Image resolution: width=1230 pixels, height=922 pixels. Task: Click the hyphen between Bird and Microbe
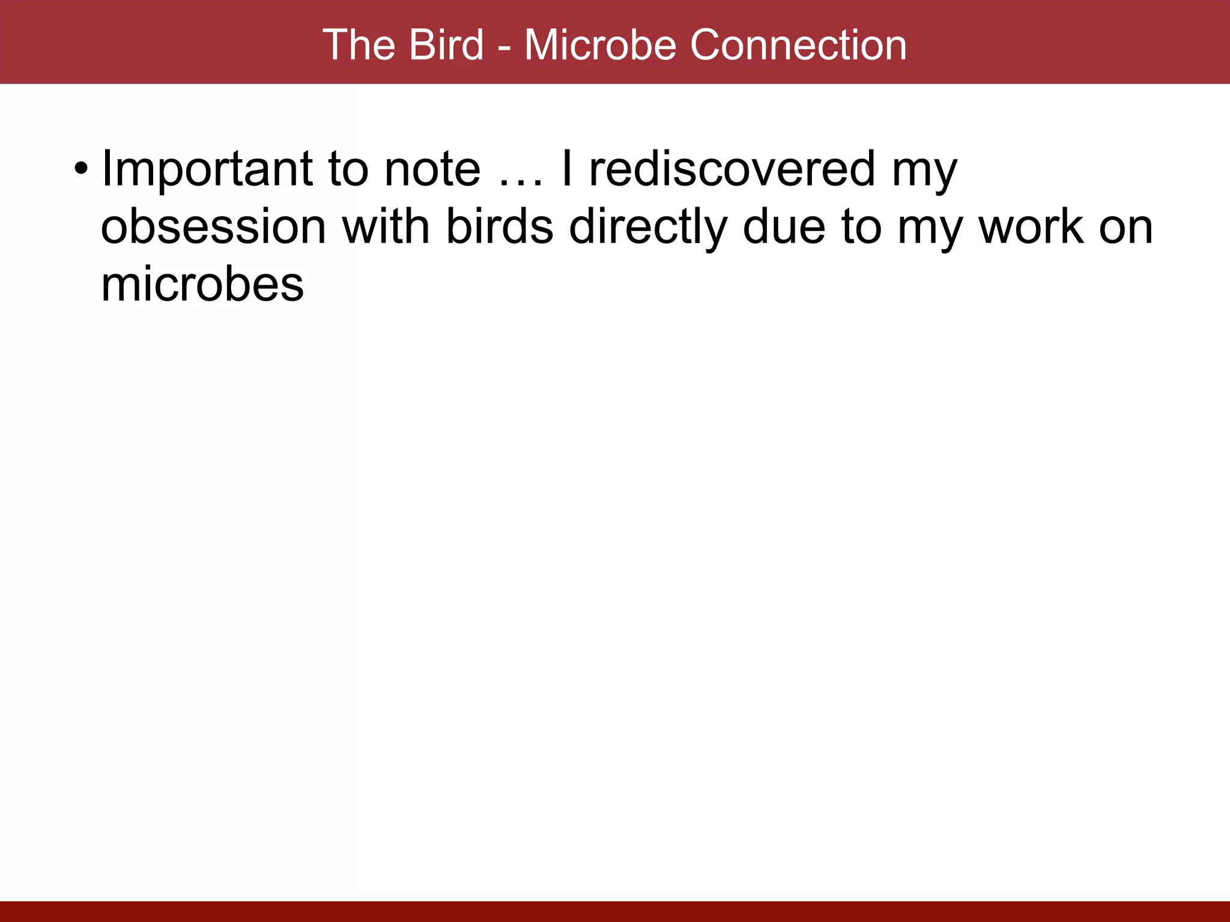click(504, 47)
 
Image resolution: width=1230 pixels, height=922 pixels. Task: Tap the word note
click(432, 169)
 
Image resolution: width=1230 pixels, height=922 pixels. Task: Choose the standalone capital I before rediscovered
click(566, 169)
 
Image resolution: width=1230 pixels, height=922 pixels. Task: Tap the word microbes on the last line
click(202, 285)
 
